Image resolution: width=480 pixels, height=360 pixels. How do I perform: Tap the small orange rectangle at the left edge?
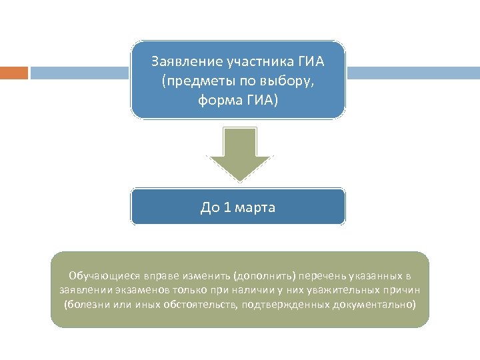pos(13,73)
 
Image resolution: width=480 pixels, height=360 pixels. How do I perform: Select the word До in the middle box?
pos(209,207)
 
